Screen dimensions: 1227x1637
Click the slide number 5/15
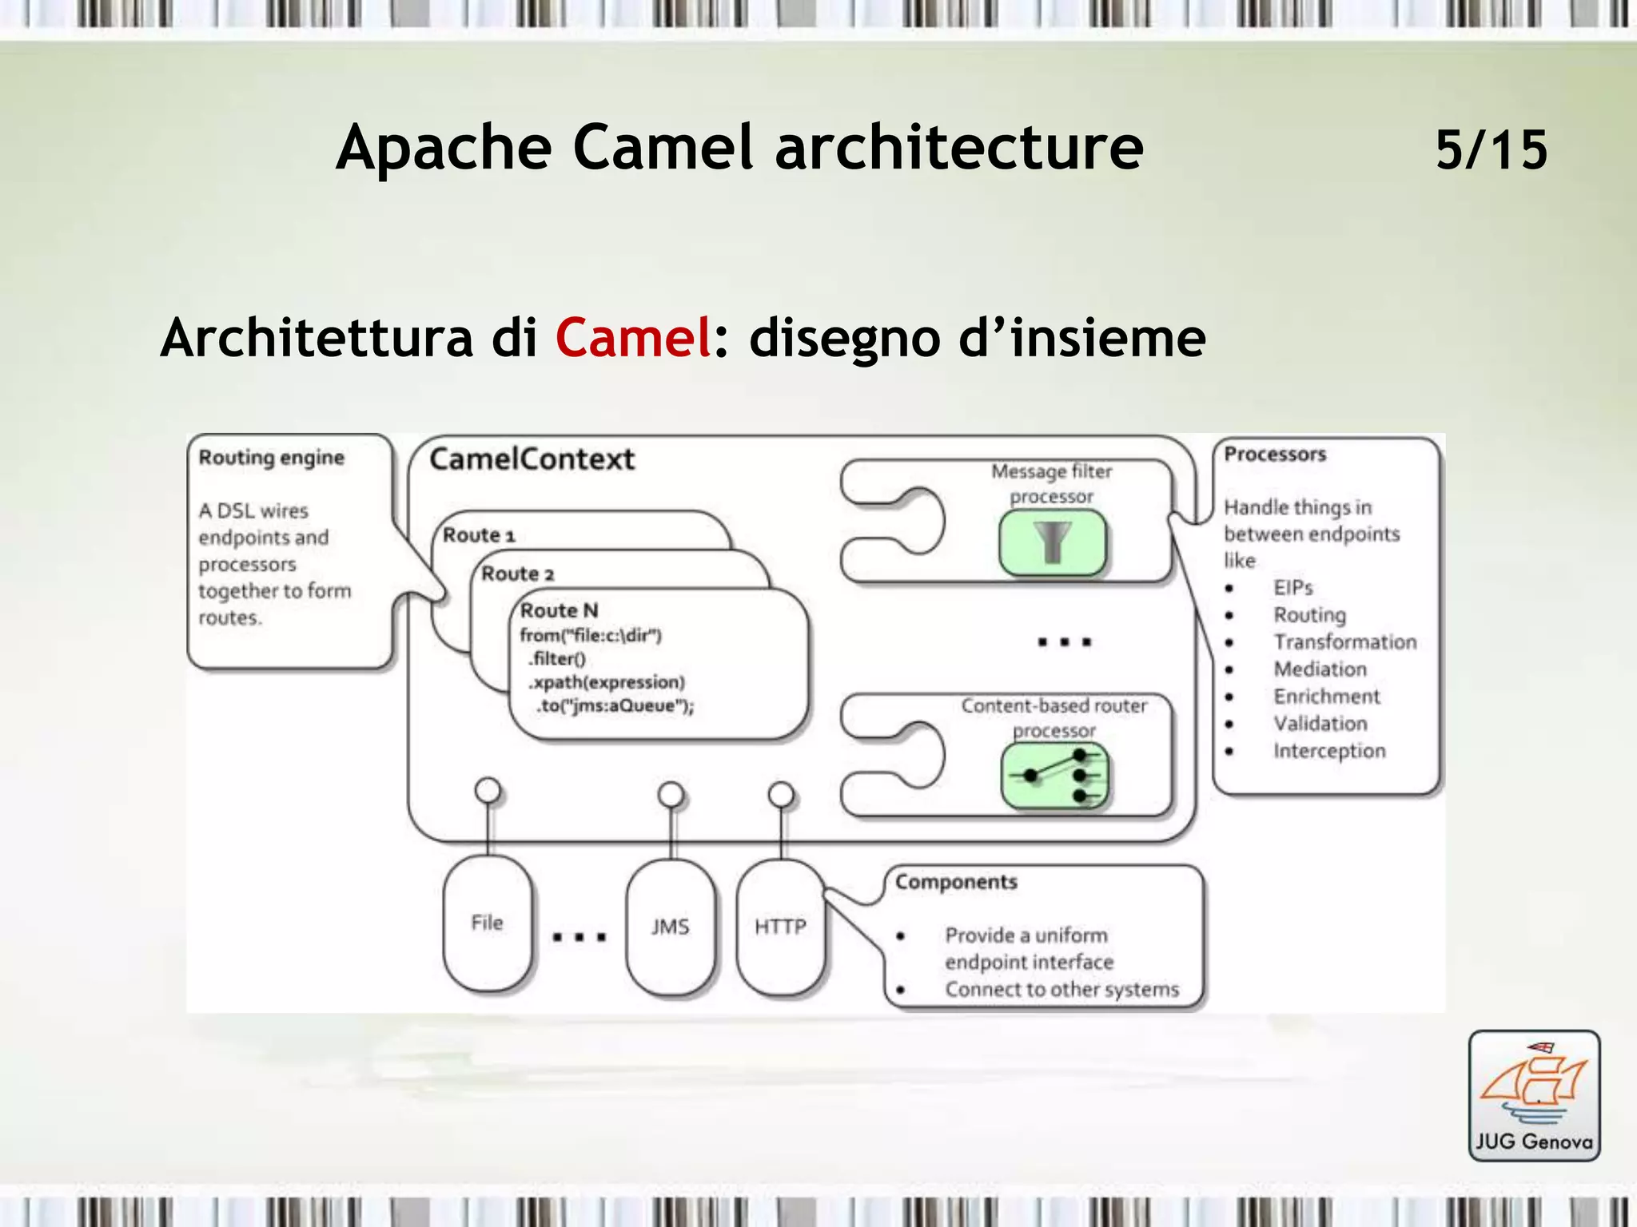tap(1491, 149)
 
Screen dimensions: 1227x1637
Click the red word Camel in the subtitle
tap(633, 337)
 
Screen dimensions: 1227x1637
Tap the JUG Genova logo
tap(1534, 1095)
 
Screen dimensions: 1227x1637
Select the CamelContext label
tap(532, 459)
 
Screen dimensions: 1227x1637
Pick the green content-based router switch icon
tap(1055, 776)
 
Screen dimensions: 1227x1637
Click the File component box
tap(487, 923)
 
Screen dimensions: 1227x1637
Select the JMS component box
tap(670, 927)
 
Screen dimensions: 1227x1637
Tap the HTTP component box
tap(780, 927)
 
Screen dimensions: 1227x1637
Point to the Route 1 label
tap(479, 534)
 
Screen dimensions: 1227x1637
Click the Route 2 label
tap(517, 574)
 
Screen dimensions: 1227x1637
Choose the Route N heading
tap(559, 610)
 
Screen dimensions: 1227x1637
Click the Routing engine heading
tap(271, 458)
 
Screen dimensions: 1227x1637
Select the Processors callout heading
tap(1275, 454)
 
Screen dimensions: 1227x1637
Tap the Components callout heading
tap(956, 882)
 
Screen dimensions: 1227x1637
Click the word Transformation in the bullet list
tap(1344, 642)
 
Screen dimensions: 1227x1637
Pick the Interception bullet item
tap(1329, 751)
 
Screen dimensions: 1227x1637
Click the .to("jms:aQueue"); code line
tap(614, 706)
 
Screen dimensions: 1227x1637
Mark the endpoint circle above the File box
tap(488, 791)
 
